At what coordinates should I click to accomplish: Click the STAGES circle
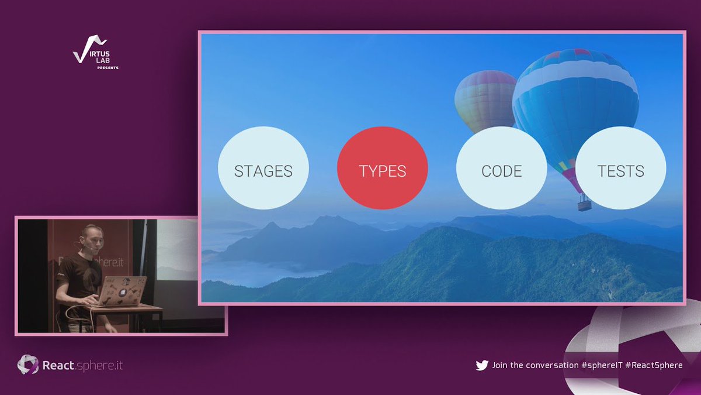[263, 171]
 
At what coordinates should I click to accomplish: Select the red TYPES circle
[383, 171]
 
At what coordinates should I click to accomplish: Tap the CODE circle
[501, 171]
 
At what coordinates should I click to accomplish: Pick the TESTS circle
[620, 171]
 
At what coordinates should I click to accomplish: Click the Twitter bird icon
[482, 365]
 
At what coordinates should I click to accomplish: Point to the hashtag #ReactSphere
[654, 365]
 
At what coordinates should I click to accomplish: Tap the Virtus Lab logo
[91, 51]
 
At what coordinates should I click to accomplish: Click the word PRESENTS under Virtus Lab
[107, 68]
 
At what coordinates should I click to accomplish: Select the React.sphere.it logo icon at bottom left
[27, 365]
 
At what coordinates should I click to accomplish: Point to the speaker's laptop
[124, 291]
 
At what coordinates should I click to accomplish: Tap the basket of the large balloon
[584, 204]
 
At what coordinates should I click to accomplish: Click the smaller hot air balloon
[485, 99]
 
